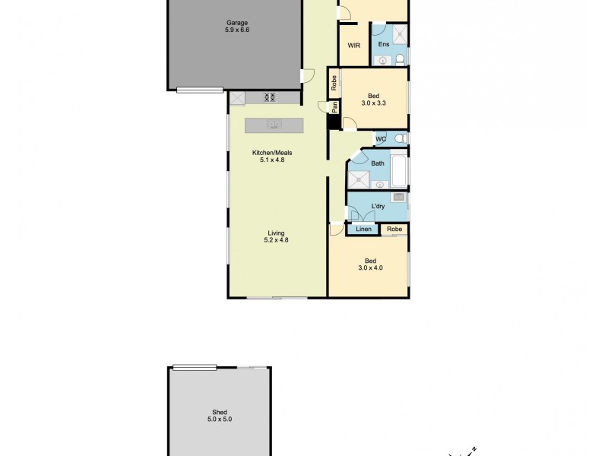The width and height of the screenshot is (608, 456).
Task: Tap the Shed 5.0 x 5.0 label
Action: tap(217, 414)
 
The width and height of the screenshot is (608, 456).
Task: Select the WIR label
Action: tap(354, 46)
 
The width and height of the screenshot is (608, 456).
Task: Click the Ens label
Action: tap(385, 45)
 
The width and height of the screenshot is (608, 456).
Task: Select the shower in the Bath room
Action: tap(358, 179)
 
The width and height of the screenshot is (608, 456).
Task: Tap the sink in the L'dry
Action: tap(397, 198)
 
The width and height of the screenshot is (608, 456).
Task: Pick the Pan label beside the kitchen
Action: tap(334, 107)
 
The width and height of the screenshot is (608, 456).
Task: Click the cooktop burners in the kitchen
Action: tap(269, 97)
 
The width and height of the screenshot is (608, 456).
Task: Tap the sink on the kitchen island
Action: tap(274, 125)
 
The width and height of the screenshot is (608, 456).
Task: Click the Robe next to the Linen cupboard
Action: tap(394, 230)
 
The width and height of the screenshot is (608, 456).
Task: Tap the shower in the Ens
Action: tap(397, 34)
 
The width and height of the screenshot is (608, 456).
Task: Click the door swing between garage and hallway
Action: tap(306, 75)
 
